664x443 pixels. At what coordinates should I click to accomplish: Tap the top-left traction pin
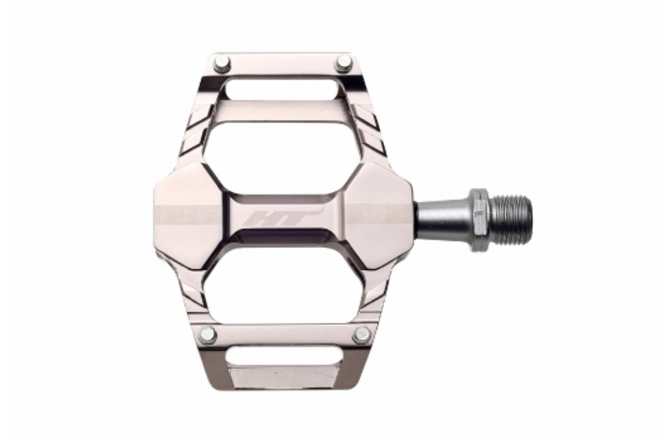coord(222,64)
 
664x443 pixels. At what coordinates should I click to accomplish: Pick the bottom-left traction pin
coord(207,335)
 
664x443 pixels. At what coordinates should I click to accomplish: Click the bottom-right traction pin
coord(362,335)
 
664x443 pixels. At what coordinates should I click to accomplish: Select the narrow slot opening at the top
coord(283,90)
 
